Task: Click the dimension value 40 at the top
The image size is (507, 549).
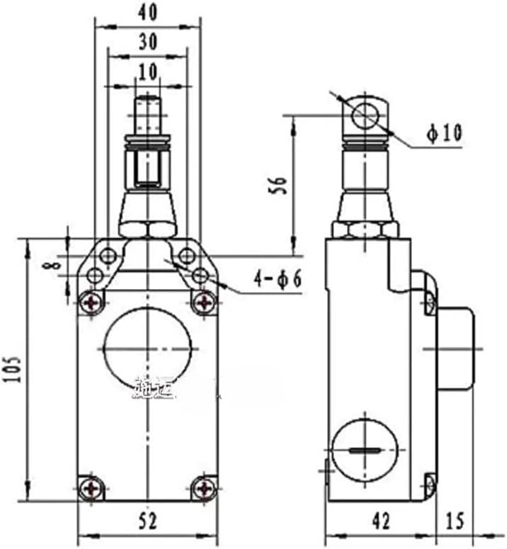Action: pos(147,12)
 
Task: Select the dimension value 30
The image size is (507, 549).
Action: pos(147,42)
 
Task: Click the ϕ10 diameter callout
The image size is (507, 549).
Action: pos(444,133)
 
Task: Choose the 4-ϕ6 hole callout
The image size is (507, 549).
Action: pos(278,279)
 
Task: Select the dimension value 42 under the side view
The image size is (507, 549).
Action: pos(380,521)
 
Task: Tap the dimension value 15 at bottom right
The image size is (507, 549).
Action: pos(455,521)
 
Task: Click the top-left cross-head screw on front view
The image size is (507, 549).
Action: pos(91,302)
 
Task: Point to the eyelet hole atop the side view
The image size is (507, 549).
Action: pos(366,113)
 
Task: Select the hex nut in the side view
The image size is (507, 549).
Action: pos(365,229)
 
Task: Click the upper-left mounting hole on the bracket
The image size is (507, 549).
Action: pos(108,255)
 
